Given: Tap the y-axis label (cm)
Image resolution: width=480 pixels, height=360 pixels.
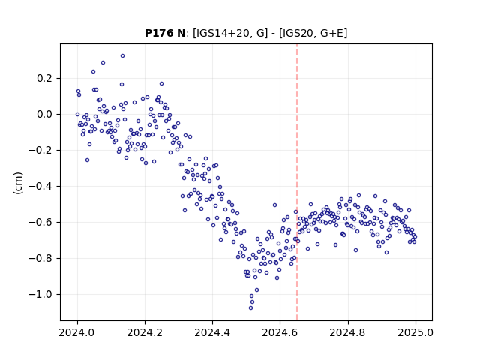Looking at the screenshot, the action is [18, 183].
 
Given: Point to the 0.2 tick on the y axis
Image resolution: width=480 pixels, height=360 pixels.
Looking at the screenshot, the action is [46, 78].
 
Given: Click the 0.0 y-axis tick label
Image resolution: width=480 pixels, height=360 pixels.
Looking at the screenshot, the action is [46, 115].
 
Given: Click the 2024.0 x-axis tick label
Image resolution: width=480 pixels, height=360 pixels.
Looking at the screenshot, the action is [77, 332].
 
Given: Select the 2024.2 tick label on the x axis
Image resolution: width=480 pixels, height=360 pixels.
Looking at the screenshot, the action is [145, 332].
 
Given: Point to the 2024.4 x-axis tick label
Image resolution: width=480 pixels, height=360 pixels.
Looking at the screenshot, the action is [212, 332].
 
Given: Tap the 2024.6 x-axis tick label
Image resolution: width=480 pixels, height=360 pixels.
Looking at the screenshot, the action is [280, 332].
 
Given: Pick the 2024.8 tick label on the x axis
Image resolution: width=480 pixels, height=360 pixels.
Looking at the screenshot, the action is [348, 332].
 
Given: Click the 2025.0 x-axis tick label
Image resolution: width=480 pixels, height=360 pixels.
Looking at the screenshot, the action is [415, 332].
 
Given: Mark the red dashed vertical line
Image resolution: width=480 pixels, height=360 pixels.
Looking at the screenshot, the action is [297, 182].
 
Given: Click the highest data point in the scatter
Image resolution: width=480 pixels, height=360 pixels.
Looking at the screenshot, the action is [122, 56].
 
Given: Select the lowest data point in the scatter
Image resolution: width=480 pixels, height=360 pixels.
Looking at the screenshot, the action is [250, 308].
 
